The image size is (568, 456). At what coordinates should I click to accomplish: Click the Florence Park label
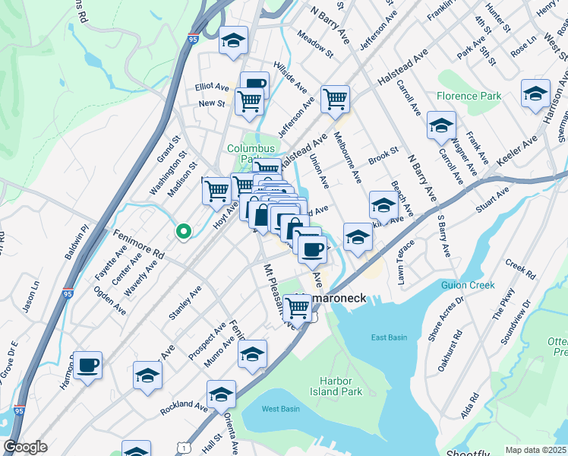(469, 97)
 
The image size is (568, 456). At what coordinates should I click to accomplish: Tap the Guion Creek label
(467, 286)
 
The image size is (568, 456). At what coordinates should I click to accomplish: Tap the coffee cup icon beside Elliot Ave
(254, 84)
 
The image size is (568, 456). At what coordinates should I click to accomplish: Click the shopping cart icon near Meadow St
(335, 98)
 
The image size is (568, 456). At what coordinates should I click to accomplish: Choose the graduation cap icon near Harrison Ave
(535, 93)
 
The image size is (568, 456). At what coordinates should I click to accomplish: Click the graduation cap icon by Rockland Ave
(221, 394)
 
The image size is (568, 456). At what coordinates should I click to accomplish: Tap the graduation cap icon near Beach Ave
(383, 204)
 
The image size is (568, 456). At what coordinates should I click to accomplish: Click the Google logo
(25, 447)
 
